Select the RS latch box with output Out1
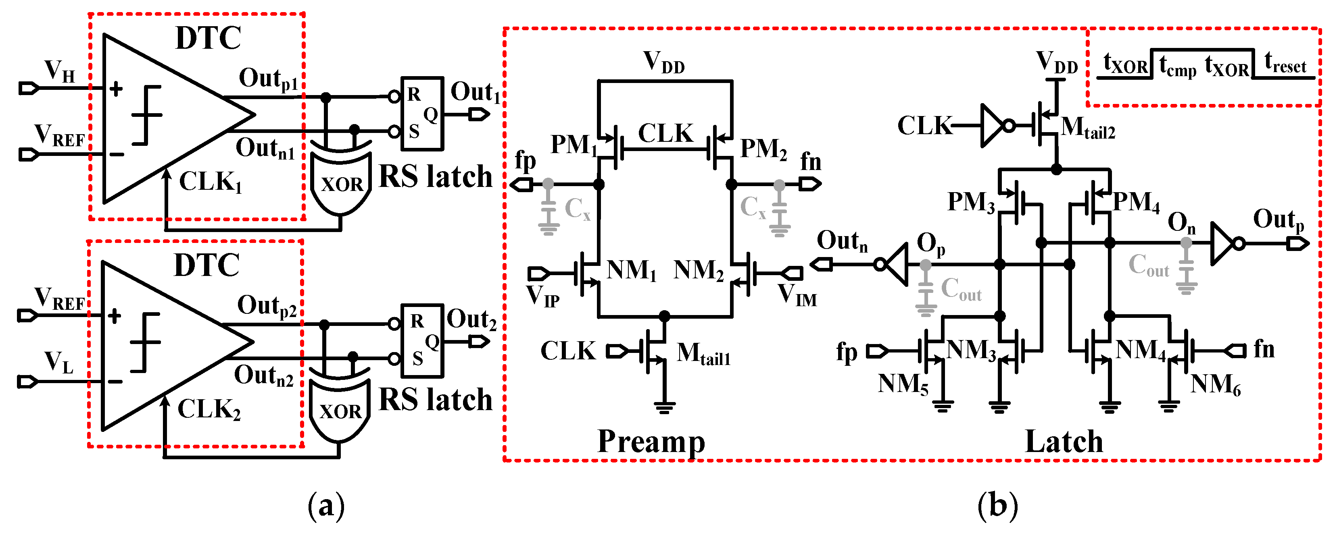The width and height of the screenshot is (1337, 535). click(422, 114)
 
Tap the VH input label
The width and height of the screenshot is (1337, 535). click(60, 71)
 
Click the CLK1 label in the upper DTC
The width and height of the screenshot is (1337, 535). click(211, 182)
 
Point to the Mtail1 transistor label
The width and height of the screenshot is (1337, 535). click(703, 354)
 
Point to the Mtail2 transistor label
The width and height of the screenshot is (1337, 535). click(1088, 128)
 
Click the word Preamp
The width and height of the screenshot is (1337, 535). click(651, 441)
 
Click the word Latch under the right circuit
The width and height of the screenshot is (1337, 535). click(1064, 442)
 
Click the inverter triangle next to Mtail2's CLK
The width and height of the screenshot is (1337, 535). click(991, 126)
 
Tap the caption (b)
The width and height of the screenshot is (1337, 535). click(997, 506)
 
